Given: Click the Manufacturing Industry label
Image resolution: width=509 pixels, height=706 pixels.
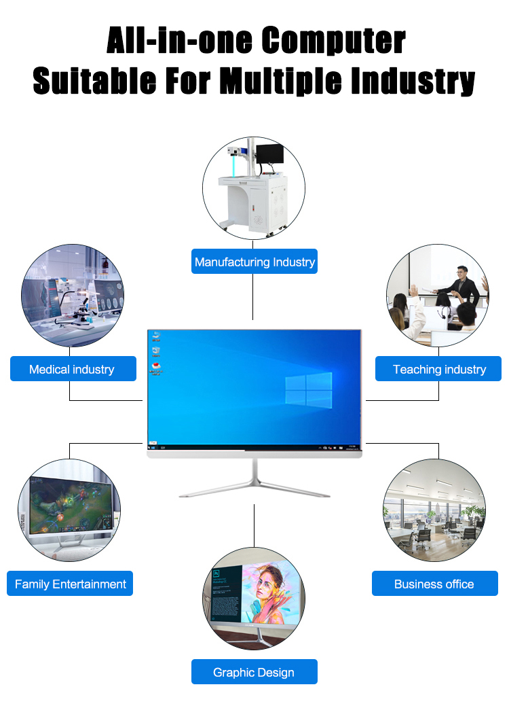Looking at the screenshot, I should [x=254, y=262].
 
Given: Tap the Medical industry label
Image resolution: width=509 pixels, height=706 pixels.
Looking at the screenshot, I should [x=71, y=369].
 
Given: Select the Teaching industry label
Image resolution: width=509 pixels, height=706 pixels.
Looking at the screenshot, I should [x=439, y=369].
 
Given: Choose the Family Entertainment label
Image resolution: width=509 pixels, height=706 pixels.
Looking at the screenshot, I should [x=70, y=584].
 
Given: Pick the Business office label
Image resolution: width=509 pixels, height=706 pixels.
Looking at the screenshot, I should [x=434, y=584].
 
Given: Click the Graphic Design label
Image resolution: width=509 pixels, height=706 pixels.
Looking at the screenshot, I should [x=253, y=672].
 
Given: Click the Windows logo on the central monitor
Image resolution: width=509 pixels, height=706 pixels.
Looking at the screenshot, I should [x=309, y=390].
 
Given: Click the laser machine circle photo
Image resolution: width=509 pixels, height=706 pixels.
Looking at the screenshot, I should [x=254, y=188].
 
